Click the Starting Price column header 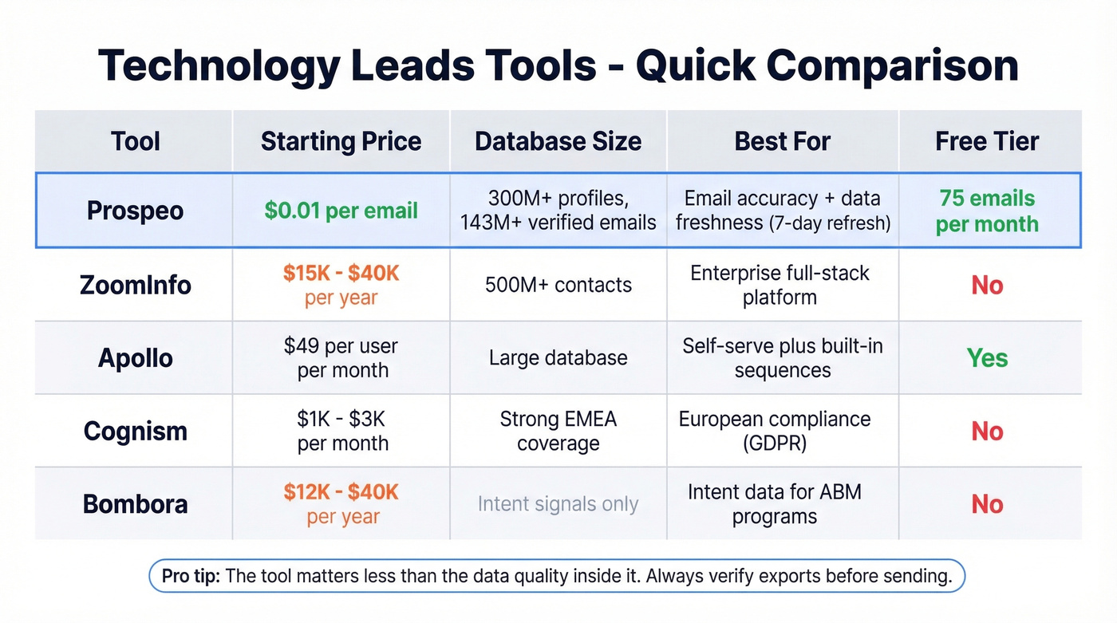pos(341,141)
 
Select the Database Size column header pos(558,141)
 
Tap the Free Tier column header pos(987,141)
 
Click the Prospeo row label pos(135,211)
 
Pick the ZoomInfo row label pos(135,285)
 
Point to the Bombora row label pos(135,504)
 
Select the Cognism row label pos(135,432)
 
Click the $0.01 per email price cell pos(341,211)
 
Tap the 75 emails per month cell pos(987,211)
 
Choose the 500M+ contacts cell pos(558,285)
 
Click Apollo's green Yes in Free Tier pos(987,358)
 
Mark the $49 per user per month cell pos(341,358)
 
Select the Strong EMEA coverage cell pos(558,431)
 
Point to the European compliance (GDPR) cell pos(774,431)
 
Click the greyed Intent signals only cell pos(558,504)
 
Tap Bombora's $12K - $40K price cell pos(341,504)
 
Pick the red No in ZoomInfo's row pos(987,285)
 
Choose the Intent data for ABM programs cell pos(774,504)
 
